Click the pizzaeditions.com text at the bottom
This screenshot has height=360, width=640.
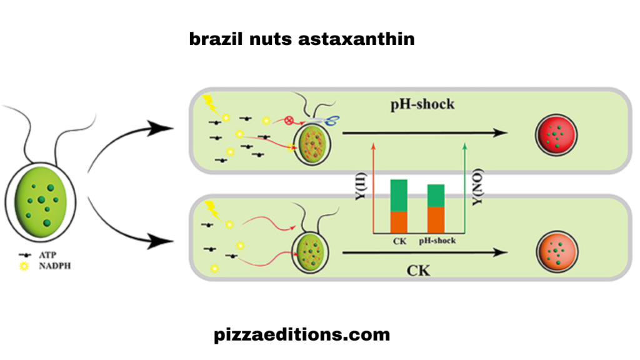point(301,335)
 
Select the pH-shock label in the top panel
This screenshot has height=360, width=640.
point(422,104)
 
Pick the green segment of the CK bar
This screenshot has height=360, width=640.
point(399,196)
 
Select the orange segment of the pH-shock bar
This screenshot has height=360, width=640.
point(436,219)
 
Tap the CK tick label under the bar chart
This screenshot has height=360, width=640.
point(399,241)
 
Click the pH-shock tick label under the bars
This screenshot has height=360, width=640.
point(436,241)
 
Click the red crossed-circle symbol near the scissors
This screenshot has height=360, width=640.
point(289,120)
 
